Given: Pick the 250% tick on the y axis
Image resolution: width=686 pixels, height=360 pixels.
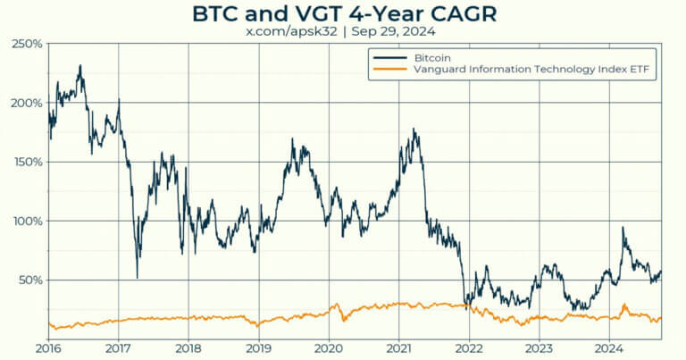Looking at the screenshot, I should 27,44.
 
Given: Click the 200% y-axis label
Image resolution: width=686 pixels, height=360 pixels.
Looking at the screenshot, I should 27,103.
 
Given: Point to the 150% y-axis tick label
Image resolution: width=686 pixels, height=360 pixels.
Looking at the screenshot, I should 27,162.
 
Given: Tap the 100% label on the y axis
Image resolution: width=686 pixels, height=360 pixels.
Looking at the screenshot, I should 27,221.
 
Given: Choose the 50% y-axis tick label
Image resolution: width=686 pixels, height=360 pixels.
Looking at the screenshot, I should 29,280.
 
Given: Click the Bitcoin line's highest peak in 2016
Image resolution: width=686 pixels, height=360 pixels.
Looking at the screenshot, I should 80,65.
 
